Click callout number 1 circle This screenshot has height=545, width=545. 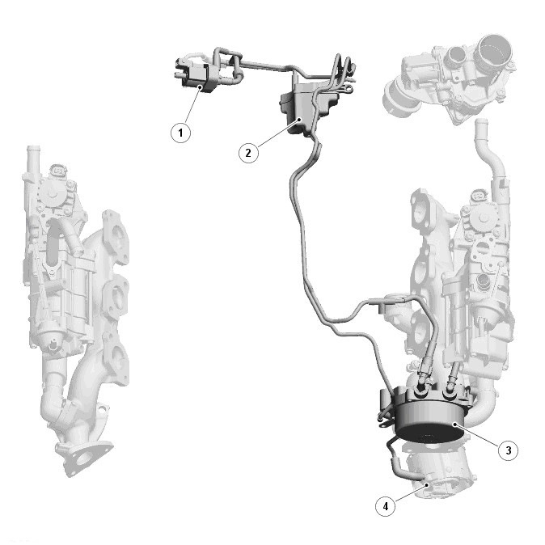[x=180, y=133]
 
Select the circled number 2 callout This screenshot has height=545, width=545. [x=248, y=153]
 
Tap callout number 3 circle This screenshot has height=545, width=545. [x=508, y=450]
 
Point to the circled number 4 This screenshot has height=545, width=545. [x=386, y=506]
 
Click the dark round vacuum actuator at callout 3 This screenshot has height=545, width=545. [x=430, y=417]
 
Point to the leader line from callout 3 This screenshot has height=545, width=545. [x=477, y=433]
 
